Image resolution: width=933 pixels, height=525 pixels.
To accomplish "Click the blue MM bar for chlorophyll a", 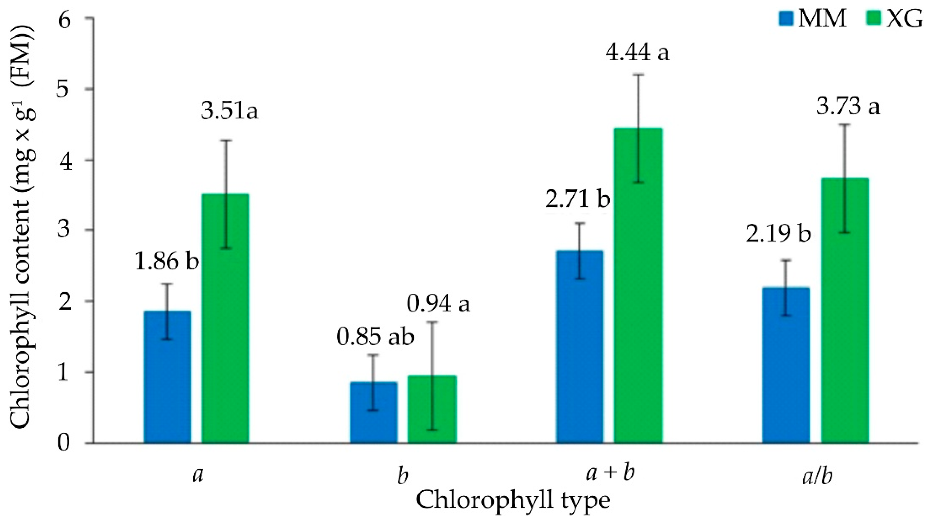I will tap(167, 377).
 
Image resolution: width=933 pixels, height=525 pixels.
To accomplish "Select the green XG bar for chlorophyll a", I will tap(225, 319).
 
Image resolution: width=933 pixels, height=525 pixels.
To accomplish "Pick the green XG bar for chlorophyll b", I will tap(432, 409).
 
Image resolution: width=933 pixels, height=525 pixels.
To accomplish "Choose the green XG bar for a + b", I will tap(638, 286).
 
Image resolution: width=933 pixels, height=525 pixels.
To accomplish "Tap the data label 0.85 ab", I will tap(375, 337).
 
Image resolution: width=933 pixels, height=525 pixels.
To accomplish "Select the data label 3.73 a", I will tap(848, 107).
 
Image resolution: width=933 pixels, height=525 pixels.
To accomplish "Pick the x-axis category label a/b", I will tap(817, 477).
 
